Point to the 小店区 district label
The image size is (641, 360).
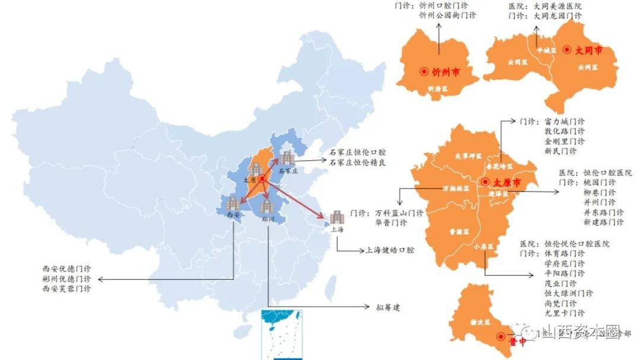pyautogui.click(x=483, y=246)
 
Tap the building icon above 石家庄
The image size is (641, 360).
pyautogui.click(x=287, y=158)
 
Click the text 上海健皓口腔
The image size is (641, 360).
pyautogui.click(x=390, y=251)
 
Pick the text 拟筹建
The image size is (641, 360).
pyautogui.click(x=388, y=307)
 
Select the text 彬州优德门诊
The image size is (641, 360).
pyautogui.click(x=66, y=279)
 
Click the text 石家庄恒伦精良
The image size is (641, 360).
pyautogui.click(x=358, y=163)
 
